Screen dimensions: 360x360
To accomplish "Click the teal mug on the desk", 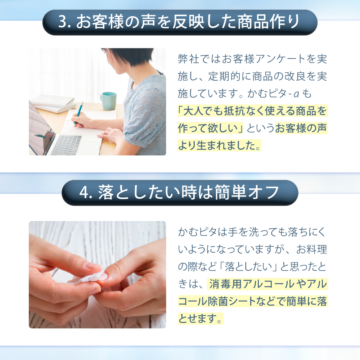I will (108, 101).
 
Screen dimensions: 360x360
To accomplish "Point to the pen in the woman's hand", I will (78, 113).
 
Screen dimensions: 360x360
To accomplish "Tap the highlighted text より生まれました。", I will (219, 145).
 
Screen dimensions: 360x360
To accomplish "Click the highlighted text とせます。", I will (200, 319).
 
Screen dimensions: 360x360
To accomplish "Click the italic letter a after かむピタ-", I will (296, 94).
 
